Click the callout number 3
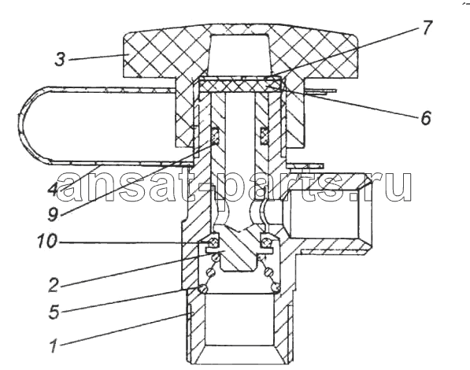click(x=60, y=59)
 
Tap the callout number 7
click(x=426, y=28)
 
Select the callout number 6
click(x=425, y=117)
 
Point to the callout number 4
click(x=52, y=189)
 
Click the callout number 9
click(x=53, y=213)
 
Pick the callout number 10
click(x=46, y=240)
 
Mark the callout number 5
click(x=54, y=312)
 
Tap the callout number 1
click(x=54, y=346)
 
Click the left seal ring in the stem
click(x=215, y=135)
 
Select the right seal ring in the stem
click(x=264, y=135)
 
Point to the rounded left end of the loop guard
click(x=23, y=124)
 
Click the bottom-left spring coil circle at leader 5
click(x=203, y=288)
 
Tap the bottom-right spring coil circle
click(x=276, y=288)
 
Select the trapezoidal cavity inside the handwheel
click(x=239, y=54)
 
